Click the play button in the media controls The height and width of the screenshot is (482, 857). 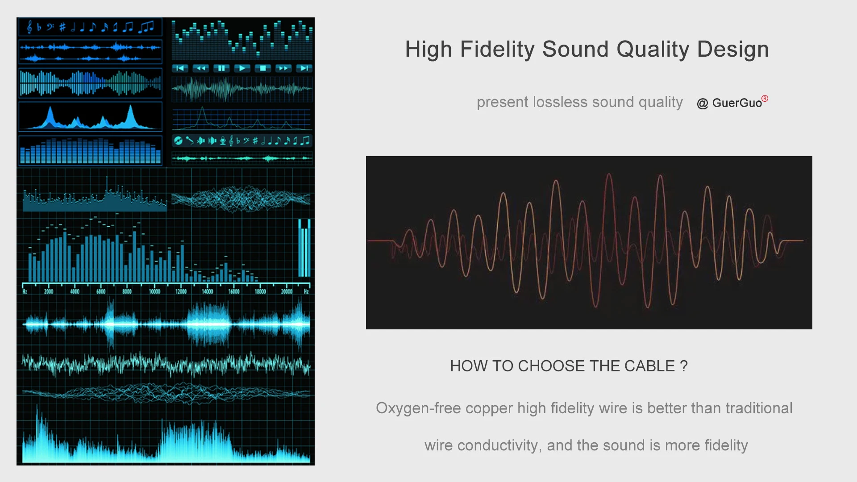click(242, 68)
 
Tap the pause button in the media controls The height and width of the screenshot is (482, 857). click(221, 68)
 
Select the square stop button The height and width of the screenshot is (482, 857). click(263, 68)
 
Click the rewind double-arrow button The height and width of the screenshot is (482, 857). click(201, 68)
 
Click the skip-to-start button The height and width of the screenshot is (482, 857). click(180, 68)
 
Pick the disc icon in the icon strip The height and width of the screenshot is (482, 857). click(178, 141)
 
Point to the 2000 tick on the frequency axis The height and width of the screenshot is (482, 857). click(49, 291)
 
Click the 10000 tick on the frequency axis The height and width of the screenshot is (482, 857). click(154, 291)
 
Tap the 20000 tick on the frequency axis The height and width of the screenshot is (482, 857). click(287, 291)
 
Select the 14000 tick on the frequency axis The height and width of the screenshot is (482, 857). click(208, 291)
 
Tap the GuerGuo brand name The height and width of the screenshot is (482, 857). click(737, 103)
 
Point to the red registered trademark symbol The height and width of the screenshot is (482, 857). click(765, 98)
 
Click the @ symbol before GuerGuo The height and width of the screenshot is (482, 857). click(703, 104)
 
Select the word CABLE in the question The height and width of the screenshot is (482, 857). click(650, 366)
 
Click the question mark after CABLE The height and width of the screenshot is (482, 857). click(684, 366)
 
